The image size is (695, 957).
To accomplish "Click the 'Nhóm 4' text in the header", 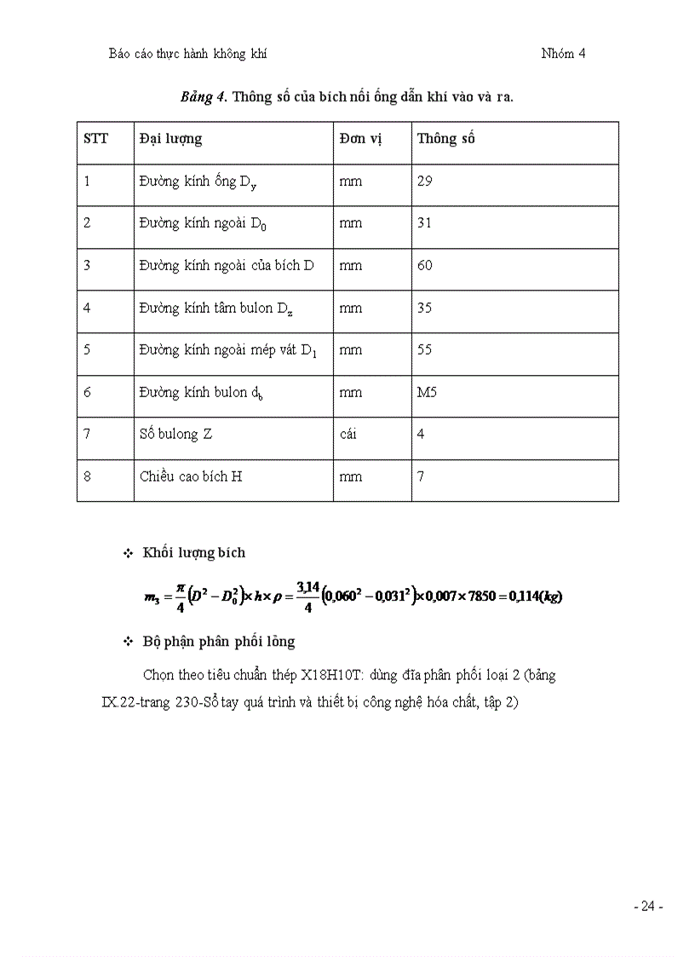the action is point(563,54).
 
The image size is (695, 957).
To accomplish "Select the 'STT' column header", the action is point(96,139).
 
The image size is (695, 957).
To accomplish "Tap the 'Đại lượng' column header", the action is point(170,139).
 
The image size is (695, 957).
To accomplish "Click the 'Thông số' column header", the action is point(445,139).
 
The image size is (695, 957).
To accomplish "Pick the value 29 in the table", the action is point(424,182).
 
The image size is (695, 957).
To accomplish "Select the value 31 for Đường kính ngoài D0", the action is point(424,223).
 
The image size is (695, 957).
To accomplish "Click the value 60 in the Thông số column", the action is point(425,266).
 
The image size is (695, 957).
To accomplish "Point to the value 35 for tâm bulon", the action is point(424,308).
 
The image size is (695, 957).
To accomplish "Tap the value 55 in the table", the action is point(424,350).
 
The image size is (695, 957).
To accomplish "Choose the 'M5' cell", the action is point(427,392).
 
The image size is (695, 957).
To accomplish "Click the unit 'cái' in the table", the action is point(348,435).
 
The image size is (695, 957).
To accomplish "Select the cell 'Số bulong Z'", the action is point(176,435).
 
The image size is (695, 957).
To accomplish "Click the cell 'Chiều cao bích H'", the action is point(191,476).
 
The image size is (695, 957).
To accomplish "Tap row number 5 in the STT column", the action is point(88,350).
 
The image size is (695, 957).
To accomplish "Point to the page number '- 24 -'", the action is point(648,907).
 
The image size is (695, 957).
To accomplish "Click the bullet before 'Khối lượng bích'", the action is point(129,553).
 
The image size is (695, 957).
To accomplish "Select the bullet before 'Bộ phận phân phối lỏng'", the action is point(129,642).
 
